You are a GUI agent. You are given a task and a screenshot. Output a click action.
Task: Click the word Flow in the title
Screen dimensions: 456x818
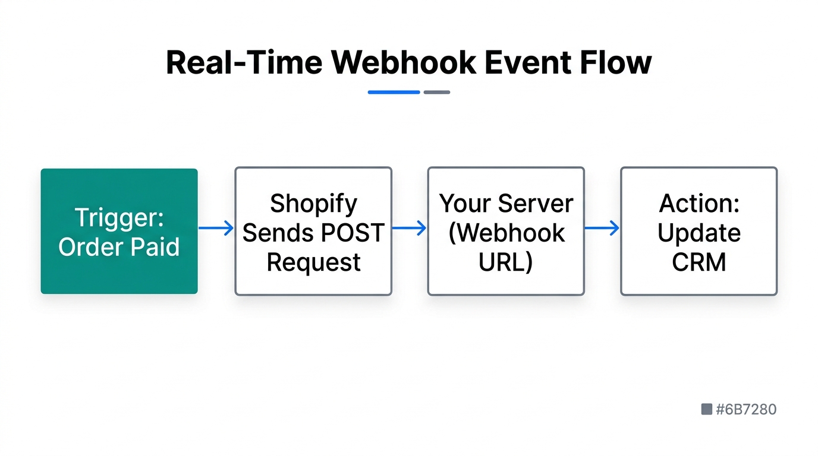pyautogui.click(x=621, y=62)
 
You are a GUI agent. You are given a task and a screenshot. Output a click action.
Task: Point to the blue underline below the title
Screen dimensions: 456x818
pyautogui.click(x=394, y=93)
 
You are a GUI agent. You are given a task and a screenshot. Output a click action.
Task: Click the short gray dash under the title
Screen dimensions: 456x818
pyautogui.click(x=437, y=93)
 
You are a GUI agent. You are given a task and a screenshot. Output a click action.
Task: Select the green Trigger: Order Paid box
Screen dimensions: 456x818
pyautogui.click(x=119, y=231)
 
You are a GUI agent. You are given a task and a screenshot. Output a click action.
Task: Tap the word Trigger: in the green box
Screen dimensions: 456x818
pyautogui.click(x=119, y=218)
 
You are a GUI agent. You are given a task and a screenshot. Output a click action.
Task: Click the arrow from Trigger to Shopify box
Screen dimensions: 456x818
pyautogui.click(x=216, y=228)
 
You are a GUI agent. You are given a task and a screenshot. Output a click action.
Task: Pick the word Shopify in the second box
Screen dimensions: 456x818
pyautogui.click(x=313, y=204)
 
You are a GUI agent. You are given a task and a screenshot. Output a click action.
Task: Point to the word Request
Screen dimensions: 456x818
pyautogui.click(x=313, y=262)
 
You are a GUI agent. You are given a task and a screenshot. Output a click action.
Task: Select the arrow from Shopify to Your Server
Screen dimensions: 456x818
pyautogui.click(x=410, y=228)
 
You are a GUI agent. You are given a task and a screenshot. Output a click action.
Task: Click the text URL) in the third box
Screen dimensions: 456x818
pyautogui.click(x=506, y=262)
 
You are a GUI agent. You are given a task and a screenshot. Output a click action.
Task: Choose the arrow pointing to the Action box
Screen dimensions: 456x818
pyautogui.click(x=602, y=228)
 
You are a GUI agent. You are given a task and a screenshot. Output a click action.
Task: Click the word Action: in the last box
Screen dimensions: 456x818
pyautogui.click(x=699, y=204)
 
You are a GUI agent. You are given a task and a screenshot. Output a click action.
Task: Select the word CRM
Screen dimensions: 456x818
pyautogui.click(x=699, y=262)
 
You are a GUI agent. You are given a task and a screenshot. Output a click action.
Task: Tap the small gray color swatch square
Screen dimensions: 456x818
pyautogui.click(x=707, y=409)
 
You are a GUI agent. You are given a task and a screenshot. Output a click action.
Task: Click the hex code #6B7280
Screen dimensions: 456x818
pyautogui.click(x=746, y=409)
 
